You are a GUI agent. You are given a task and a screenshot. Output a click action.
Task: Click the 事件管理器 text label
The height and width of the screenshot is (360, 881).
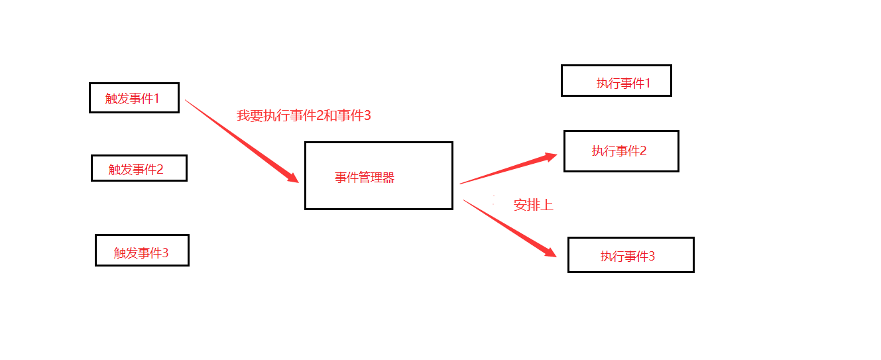(x=365, y=178)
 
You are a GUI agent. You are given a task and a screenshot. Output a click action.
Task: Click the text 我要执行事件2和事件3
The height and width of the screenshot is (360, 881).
(x=304, y=115)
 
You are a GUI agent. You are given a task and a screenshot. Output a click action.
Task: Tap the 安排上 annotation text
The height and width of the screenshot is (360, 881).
(x=534, y=205)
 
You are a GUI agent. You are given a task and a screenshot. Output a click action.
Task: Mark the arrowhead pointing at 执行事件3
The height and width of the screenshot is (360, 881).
(x=550, y=252)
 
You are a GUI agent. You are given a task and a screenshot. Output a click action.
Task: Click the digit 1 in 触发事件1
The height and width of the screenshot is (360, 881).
(x=156, y=98)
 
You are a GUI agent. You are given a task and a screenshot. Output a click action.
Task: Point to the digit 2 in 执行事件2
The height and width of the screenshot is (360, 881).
(x=643, y=150)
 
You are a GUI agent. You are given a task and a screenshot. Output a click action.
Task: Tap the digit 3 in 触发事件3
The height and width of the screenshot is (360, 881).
(x=165, y=253)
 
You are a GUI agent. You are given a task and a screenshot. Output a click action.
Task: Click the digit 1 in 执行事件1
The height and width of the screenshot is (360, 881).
(x=648, y=83)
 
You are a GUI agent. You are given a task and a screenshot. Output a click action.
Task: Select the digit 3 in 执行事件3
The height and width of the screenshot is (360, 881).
(x=652, y=256)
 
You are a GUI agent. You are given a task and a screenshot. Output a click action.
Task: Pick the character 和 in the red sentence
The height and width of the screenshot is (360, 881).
(x=329, y=115)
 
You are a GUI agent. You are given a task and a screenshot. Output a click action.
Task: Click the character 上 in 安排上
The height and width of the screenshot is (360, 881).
(x=547, y=205)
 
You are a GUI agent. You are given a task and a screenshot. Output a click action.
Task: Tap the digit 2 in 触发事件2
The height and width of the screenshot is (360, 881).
(x=160, y=169)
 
